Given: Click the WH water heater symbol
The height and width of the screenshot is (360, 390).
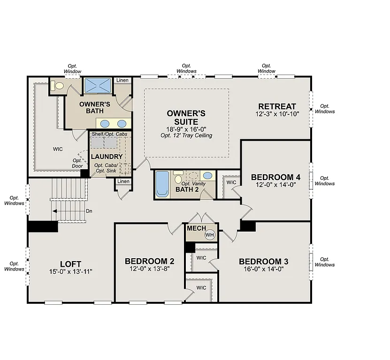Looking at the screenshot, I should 209,235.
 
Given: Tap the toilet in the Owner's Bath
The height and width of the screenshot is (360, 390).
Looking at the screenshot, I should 57,86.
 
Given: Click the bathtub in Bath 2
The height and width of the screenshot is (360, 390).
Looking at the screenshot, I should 161,184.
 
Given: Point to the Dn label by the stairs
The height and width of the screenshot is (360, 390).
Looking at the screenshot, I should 89,211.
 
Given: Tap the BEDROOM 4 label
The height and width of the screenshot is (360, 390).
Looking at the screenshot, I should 275,177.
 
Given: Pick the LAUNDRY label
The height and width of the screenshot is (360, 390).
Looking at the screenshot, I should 107,157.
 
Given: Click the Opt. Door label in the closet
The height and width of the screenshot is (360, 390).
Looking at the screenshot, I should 78,163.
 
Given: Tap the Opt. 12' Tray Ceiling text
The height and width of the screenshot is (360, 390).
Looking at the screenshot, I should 186,135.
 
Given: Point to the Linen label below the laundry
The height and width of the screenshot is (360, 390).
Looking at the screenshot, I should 123,181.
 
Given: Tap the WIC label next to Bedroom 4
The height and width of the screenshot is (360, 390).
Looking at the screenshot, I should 231,182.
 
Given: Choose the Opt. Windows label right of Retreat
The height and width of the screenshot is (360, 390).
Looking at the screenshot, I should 325,109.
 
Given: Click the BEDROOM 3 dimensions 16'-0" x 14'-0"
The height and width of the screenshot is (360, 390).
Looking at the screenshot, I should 263,269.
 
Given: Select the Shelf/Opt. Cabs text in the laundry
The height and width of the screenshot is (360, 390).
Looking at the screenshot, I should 110,135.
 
